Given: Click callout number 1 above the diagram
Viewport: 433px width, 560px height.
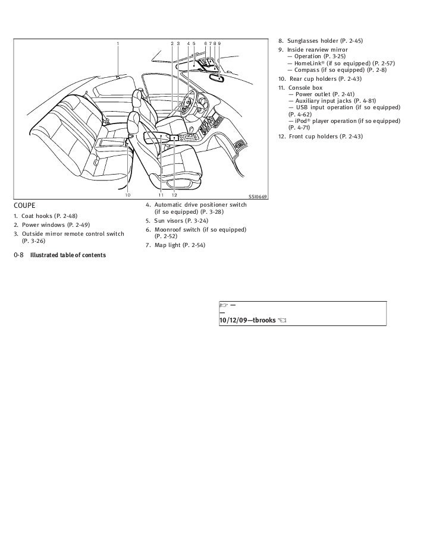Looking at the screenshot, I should click(118, 43).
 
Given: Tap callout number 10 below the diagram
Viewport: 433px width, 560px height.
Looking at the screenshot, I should click(127, 195).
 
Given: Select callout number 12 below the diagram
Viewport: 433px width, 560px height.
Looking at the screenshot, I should click(174, 195).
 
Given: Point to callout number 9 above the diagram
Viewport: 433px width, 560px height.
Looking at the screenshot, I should click(219, 43).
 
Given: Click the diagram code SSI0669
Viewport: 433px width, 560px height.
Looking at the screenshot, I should click(257, 197).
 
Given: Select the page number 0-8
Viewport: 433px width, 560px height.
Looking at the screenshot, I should click(18, 255).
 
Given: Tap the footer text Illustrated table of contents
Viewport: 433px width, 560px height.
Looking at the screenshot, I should click(68, 255).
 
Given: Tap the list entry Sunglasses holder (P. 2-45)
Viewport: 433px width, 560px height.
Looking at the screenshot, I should click(324, 41).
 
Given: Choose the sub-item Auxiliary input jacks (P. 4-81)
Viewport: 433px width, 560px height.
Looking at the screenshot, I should click(337, 101).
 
